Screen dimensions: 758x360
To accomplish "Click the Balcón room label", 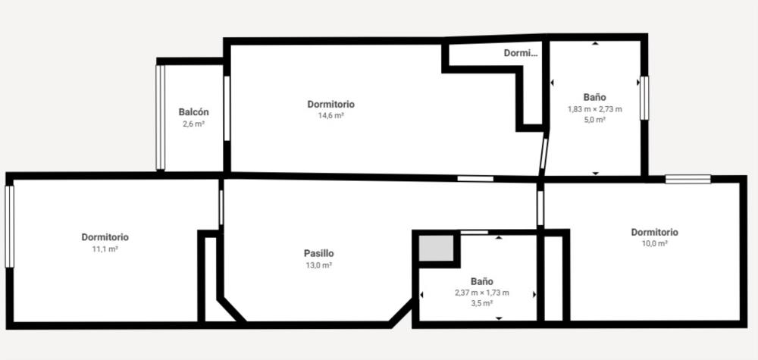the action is (193, 112).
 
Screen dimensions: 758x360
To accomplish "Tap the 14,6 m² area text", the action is (330, 115).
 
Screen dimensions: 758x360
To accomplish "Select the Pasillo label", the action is (318, 253).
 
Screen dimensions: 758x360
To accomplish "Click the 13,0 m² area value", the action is (318, 265).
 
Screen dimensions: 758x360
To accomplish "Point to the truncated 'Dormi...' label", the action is (521, 53).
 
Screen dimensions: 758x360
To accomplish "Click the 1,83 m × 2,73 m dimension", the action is (594, 109).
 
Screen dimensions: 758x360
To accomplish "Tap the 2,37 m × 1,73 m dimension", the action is (481, 293).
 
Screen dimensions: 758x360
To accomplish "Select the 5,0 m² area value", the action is (594, 120).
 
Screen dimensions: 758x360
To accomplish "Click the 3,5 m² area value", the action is (481, 303).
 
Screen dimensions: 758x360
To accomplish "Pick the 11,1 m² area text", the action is (105, 249).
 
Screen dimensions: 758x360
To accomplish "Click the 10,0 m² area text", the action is (655, 243).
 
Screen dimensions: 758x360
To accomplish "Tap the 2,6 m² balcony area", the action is (193, 124).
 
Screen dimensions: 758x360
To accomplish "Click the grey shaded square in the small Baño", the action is (436, 248).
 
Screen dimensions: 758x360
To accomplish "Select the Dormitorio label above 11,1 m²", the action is (105, 237).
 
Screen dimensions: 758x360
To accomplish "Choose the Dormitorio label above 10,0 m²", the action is (655, 233).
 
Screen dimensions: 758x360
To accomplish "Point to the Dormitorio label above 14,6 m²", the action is (330, 105).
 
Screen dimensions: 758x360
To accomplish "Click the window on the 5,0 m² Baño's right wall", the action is (644, 98).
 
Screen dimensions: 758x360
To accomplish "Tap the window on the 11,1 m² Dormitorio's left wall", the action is (9, 227).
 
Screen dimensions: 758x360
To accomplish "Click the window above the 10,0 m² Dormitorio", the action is (688, 179).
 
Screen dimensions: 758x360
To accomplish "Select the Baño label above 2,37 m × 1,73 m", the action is (481, 281).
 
